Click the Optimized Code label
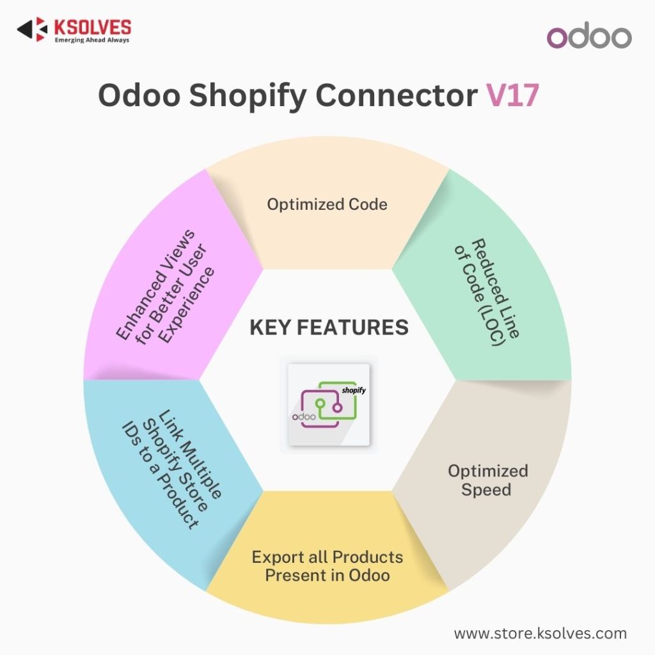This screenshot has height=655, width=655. pyautogui.click(x=327, y=204)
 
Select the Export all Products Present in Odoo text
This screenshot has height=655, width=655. pyautogui.click(x=327, y=565)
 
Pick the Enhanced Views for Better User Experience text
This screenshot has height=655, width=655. pyautogui.click(x=166, y=288)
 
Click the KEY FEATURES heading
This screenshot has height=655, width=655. pyautogui.click(x=329, y=327)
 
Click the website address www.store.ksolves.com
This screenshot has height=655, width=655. pyautogui.click(x=540, y=633)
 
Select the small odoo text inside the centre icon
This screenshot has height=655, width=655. pyautogui.click(x=305, y=416)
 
